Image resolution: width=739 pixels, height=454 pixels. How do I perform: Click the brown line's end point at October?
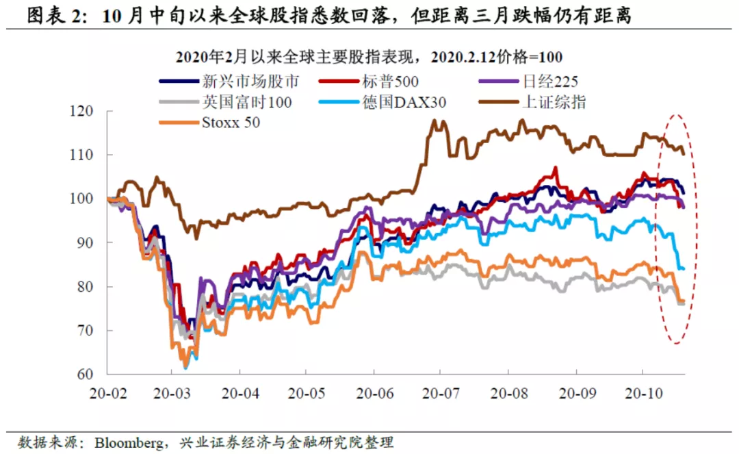coord(684,153)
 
